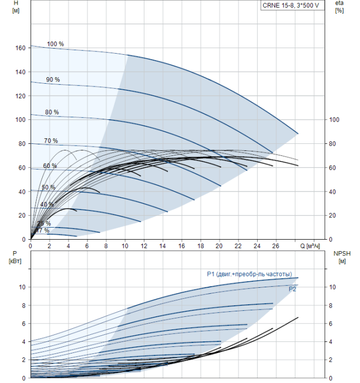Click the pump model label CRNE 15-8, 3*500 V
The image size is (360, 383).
tap(291, 5)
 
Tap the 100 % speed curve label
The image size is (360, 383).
tap(55, 44)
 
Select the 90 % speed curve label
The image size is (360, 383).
tap(53, 80)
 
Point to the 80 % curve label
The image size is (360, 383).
tap(52, 112)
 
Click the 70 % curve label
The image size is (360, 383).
tap(51, 141)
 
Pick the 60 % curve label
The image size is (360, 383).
tap(50, 166)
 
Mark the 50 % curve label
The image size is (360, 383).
tap(49, 187)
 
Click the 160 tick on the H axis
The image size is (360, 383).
tap(20, 48)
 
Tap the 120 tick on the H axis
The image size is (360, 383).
tap(20, 96)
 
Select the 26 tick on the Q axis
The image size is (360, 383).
tap(276, 246)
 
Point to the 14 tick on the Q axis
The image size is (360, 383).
tap(162, 246)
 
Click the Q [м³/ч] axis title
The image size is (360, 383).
tap(310, 246)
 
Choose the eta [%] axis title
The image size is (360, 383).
tap(339, 7)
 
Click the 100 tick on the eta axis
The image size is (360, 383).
tap(334, 120)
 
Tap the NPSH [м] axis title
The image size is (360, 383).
tap(342, 258)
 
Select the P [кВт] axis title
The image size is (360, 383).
tap(15, 258)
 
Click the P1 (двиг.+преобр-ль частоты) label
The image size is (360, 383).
tap(249, 274)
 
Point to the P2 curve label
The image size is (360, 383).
tap(292, 289)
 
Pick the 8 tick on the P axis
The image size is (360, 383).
tap(24, 305)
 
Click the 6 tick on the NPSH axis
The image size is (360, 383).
tap(330, 324)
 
